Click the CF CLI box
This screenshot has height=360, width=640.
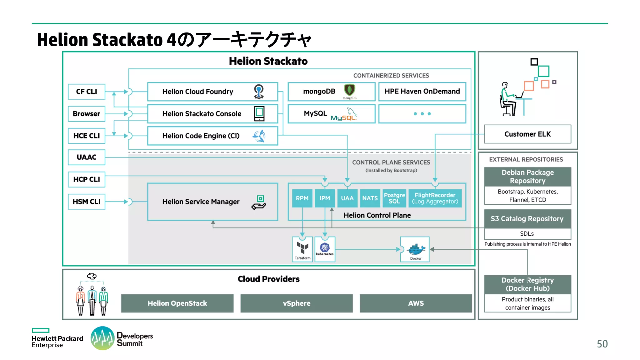(x=87, y=92)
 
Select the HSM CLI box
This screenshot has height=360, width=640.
(x=87, y=202)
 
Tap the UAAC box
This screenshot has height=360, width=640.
(x=87, y=157)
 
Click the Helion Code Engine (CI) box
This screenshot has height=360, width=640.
(x=212, y=136)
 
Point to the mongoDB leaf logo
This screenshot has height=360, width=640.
(x=349, y=90)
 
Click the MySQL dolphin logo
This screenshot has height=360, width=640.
(x=351, y=113)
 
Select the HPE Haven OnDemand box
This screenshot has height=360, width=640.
(x=422, y=92)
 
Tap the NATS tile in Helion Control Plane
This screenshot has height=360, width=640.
(x=370, y=198)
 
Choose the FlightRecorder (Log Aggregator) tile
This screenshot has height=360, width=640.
(x=435, y=198)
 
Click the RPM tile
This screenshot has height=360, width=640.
(x=302, y=198)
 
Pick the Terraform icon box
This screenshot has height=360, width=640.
(x=302, y=249)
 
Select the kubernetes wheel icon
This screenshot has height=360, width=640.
(x=325, y=247)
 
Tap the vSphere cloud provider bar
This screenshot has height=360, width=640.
(x=297, y=303)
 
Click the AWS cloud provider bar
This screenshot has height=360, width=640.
(x=416, y=303)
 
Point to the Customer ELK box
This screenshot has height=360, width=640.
(x=527, y=134)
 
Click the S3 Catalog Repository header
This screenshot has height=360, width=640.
(x=527, y=219)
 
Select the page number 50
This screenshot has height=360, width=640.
(x=602, y=344)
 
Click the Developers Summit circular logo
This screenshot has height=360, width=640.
(x=102, y=338)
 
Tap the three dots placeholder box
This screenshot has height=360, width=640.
(x=422, y=114)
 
